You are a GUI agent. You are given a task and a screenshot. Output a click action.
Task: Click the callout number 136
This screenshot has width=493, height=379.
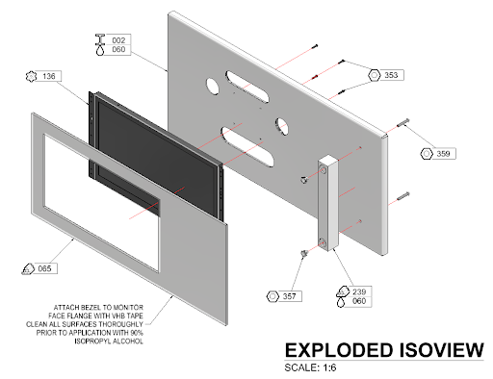[49, 76]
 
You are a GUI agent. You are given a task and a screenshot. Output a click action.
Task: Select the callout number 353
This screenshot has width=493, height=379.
[391, 75]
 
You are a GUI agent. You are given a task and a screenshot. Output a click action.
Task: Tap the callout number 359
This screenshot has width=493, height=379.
[443, 154]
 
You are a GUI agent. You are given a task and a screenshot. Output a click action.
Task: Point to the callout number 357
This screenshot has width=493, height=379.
[289, 296]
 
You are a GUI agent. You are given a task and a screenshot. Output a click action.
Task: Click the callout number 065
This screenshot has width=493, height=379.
[44, 268]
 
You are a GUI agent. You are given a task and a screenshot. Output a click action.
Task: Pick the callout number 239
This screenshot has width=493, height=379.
[359, 291]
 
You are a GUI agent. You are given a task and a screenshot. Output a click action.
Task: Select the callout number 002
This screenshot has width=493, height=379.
[118, 40]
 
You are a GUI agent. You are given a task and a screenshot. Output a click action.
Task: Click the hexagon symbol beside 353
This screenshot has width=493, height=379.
[374, 75]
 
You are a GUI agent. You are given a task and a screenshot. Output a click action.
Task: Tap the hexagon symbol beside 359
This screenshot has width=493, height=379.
[427, 154]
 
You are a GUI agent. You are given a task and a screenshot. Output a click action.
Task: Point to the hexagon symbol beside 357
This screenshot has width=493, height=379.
[272, 296]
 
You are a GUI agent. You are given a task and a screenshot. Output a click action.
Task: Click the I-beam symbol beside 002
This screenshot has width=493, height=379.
[100, 39]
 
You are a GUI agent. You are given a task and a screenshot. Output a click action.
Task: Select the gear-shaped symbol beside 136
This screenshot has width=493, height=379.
[31, 76]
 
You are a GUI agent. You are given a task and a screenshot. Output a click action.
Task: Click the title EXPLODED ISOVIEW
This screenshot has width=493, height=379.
[384, 350]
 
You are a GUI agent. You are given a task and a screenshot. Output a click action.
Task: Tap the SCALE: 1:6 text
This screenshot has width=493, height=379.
[310, 367]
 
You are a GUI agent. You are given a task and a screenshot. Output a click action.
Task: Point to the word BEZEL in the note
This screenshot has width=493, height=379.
[87, 307]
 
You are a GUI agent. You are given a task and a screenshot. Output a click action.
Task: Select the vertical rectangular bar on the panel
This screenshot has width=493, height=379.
[327, 203]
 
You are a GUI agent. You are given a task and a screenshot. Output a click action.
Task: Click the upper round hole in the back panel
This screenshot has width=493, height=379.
[212, 87]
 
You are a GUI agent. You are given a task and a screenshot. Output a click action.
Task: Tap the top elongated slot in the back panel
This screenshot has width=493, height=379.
[247, 87]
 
